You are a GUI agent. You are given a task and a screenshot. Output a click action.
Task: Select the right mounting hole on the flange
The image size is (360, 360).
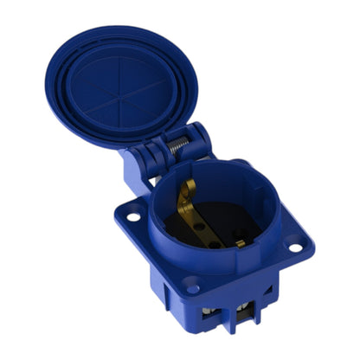[296, 247]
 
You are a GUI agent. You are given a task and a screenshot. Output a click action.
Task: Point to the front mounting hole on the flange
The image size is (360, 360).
[192, 288]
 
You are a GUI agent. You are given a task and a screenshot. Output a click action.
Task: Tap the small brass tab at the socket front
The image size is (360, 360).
[240, 243]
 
